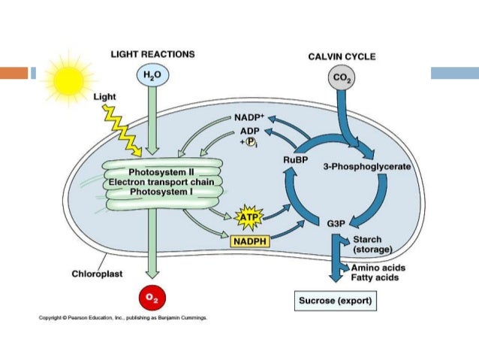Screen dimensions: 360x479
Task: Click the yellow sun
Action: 66,75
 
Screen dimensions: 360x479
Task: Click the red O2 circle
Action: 152,297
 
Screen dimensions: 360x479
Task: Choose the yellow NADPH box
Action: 250,242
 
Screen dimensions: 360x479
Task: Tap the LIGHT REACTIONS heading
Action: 152,54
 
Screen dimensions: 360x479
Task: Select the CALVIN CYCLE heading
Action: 342,57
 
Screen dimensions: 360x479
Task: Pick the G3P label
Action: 336,223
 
